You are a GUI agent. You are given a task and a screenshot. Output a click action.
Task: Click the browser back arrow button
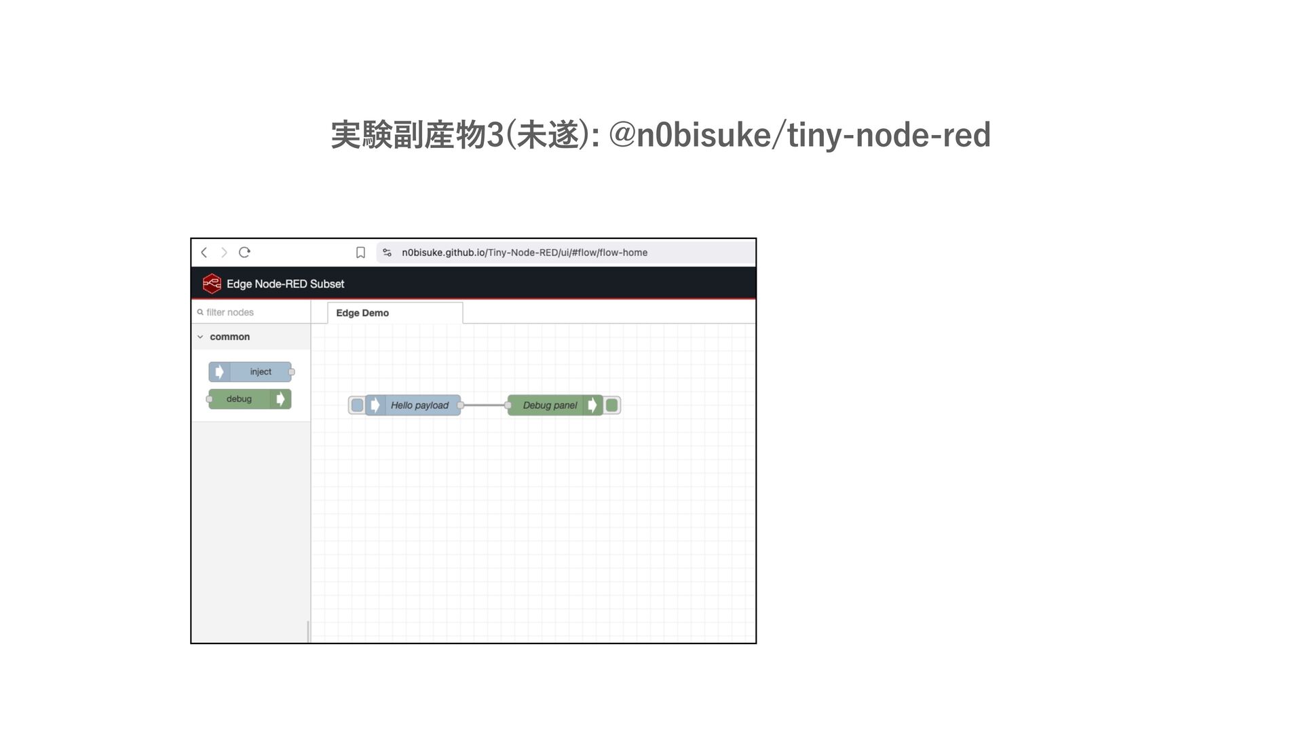(x=204, y=252)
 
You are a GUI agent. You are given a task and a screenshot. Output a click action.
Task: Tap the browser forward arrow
(x=224, y=252)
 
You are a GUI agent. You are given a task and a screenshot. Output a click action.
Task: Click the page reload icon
(x=244, y=252)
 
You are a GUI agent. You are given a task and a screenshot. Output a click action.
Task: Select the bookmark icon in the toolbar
(x=360, y=252)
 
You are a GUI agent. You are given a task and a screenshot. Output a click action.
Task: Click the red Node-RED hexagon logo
(x=212, y=284)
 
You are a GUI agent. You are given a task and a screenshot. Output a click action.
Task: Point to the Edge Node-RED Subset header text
(x=285, y=284)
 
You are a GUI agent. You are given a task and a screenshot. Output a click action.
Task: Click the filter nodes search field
(x=251, y=312)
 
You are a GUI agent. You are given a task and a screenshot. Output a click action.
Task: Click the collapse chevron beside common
(x=200, y=337)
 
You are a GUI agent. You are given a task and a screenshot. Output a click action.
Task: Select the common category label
(x=229, y=337)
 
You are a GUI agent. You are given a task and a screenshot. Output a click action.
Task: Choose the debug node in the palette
(x=248, y=399)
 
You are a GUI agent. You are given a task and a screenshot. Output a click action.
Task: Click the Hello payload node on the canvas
(x=418, y=405)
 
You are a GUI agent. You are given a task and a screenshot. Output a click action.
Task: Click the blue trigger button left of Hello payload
(x=357, y=405)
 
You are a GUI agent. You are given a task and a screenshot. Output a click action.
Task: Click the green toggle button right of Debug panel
(x=611, y=405)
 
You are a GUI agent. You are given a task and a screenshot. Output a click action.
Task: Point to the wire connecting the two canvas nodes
(x=485, y=405)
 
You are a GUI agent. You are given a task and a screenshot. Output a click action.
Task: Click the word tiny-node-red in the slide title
(x=889, y=134)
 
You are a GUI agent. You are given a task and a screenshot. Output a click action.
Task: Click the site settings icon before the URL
(x=387, y=252)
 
